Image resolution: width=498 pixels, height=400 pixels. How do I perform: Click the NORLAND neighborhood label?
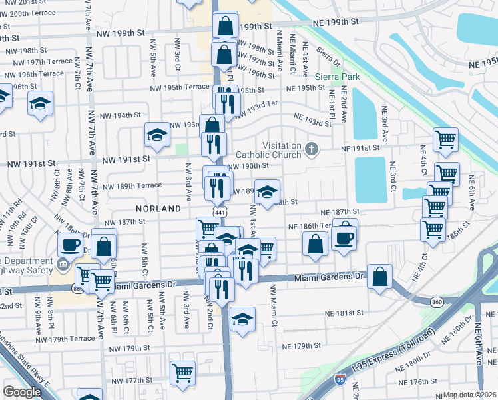coord(158,209)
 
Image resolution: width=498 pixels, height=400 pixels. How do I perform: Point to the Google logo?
coord(22,392)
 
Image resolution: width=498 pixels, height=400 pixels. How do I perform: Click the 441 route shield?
coord(219,211)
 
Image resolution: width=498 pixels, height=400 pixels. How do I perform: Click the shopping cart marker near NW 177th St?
coord(182,372)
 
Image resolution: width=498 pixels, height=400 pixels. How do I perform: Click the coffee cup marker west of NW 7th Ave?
coord(71,244)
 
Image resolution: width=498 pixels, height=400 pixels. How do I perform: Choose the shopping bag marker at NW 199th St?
coord(226,27)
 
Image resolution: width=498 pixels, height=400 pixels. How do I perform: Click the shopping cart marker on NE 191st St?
coord(445,139)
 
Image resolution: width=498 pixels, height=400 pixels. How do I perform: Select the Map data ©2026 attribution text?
coord(470,395)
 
